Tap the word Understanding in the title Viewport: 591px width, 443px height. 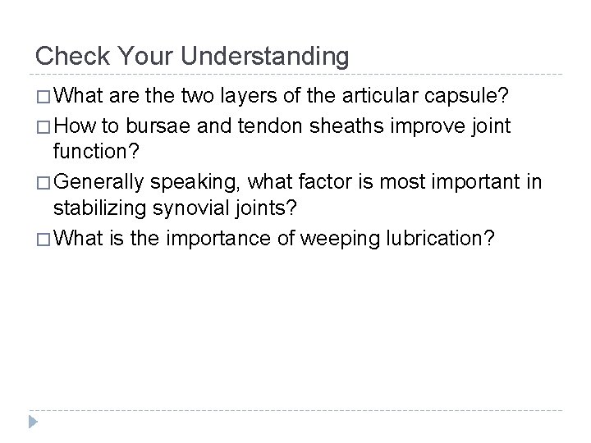click(268, 57)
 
